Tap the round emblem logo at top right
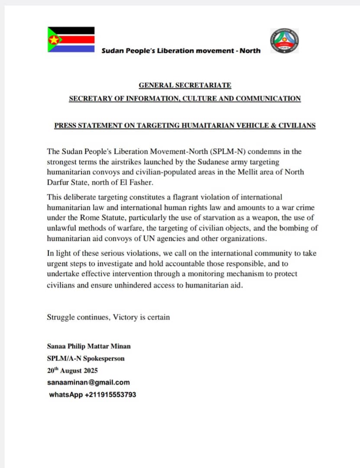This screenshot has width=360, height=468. point(284,41)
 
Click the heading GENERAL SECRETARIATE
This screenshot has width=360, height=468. point(185,85)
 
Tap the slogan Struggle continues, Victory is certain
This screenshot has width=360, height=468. point(108,317)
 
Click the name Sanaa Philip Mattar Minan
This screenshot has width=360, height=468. point(89,346)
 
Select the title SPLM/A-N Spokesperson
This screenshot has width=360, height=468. point(86,358)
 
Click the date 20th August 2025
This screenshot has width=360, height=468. point(72,370)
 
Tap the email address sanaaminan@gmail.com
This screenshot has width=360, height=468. point(88,383)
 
